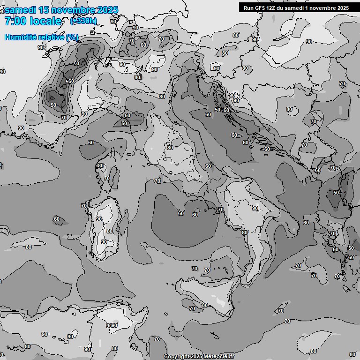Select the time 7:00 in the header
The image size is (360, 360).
[15, 21]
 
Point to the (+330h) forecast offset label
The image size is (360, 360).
[83, 21]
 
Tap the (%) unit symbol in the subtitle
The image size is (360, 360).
[72, 37]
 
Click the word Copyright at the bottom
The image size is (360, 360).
[177, 357]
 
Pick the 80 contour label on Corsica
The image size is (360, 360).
[100, 165]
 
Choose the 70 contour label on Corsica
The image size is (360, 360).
[107, 179]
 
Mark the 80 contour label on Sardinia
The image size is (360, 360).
[109, 231]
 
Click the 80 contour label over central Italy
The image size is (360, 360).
[170, 148]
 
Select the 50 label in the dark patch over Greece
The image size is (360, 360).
[336, 193]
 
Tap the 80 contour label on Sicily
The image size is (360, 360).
[204, 305]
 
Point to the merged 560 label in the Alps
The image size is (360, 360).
[70, 82]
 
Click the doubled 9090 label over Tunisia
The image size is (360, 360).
[112, 326]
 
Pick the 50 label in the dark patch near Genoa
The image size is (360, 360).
[124, 123]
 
